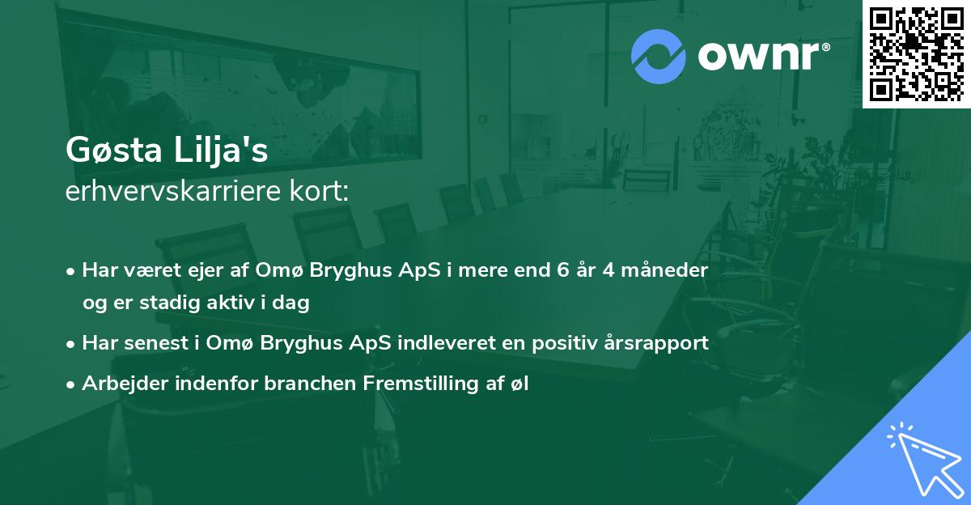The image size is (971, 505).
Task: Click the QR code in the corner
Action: pyautogui.click(x=916, y=53)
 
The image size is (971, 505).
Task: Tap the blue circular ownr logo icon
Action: pyautogui.click(x=658, y=57)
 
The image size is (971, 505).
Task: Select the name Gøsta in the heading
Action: pyautogui.click(x=113, y=150)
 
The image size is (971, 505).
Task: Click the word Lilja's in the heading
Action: pyautogui.click(x=221, y=151)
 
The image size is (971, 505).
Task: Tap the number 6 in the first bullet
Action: pyautogui.click(x=562, y=270)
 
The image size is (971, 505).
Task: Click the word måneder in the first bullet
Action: pyautogui.click(x=664, y=270)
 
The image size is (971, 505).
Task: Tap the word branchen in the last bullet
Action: pyautogui.click(x=310, y=383)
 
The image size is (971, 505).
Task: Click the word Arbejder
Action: pyautogui.click(x=125, y=383)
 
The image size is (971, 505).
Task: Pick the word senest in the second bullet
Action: pyautogui.click(x=156, y=343)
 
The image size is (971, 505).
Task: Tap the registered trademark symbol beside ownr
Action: pyautogui.click(x=825, y=47)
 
